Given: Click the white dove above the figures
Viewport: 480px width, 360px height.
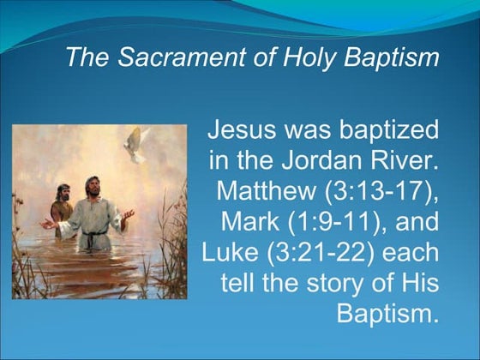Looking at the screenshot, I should tap(137, 144).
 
